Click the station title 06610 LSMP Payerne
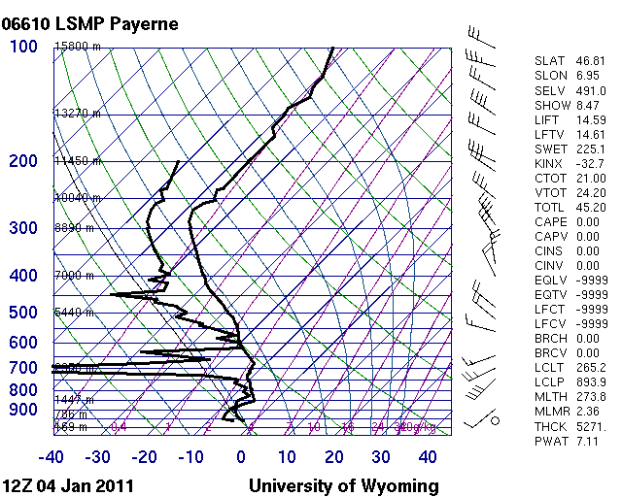click(90, 23)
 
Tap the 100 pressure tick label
click(23, 47)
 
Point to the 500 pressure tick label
click(23, 312)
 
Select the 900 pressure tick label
click(23, 410)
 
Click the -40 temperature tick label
click(52, 457)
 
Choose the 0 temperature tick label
click(241, 457)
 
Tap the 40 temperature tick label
click(427, 457)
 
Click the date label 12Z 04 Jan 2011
click(68, 485)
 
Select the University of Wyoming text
click(344, 485)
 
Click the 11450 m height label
click(78, 161)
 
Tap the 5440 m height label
click(75, 313)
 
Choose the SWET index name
click(550, 149)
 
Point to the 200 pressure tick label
click(23, 162)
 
